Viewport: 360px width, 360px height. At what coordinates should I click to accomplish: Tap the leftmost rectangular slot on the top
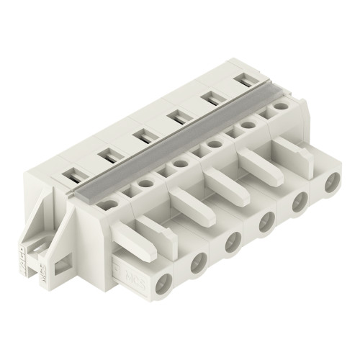click(75, 174)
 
